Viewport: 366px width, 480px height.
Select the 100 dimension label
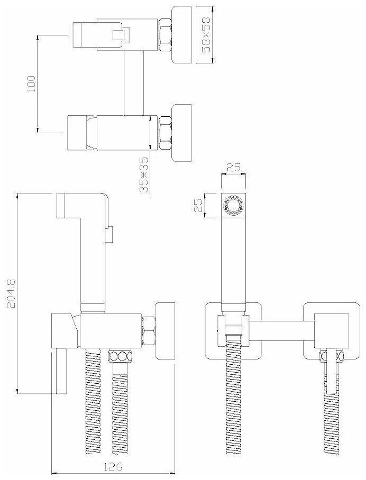30,83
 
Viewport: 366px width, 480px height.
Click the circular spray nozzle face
233,206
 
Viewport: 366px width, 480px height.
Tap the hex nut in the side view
149,331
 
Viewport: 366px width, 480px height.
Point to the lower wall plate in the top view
183,131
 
